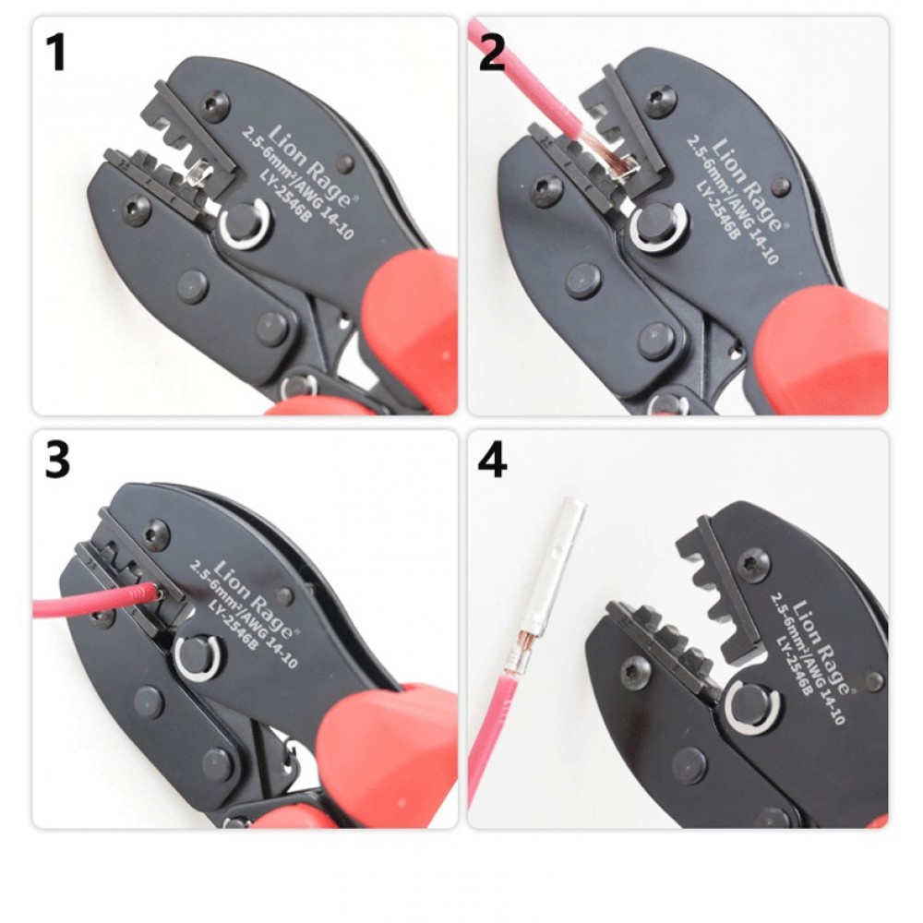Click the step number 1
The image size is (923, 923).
(56, 53)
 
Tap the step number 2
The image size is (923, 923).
(492, 53)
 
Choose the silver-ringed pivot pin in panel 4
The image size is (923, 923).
(751, 707)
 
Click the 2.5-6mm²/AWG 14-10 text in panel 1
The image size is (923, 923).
(298, 184)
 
